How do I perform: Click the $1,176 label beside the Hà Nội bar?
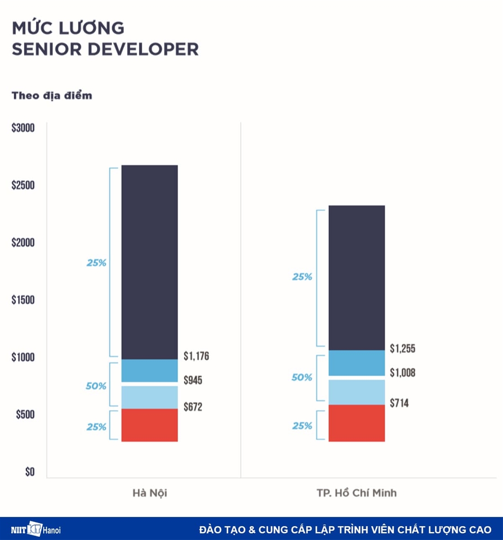pos(196,356)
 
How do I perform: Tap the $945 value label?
pos(193,380)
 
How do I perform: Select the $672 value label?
pos(193,407)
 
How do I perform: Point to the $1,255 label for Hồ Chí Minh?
pos(402,348)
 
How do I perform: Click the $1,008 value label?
pos(402,373)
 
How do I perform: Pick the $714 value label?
pos(399,403)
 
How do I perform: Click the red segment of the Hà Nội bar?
pos(150,425)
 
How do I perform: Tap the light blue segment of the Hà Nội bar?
pos(150,397)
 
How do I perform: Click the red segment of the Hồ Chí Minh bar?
pos(357,423)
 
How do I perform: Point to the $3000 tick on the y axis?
pos(23,128)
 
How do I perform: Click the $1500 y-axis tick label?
pos(23,300)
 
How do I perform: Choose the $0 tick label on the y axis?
pos(29,472)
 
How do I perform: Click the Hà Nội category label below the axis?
pos(150,493)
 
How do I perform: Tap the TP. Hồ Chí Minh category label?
pos(357,493)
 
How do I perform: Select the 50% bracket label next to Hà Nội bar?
pos(96,386)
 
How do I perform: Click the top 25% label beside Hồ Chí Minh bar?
pos(302,277)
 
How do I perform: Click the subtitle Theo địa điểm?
pos(52,95)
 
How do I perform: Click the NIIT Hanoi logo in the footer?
pos(36,529)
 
